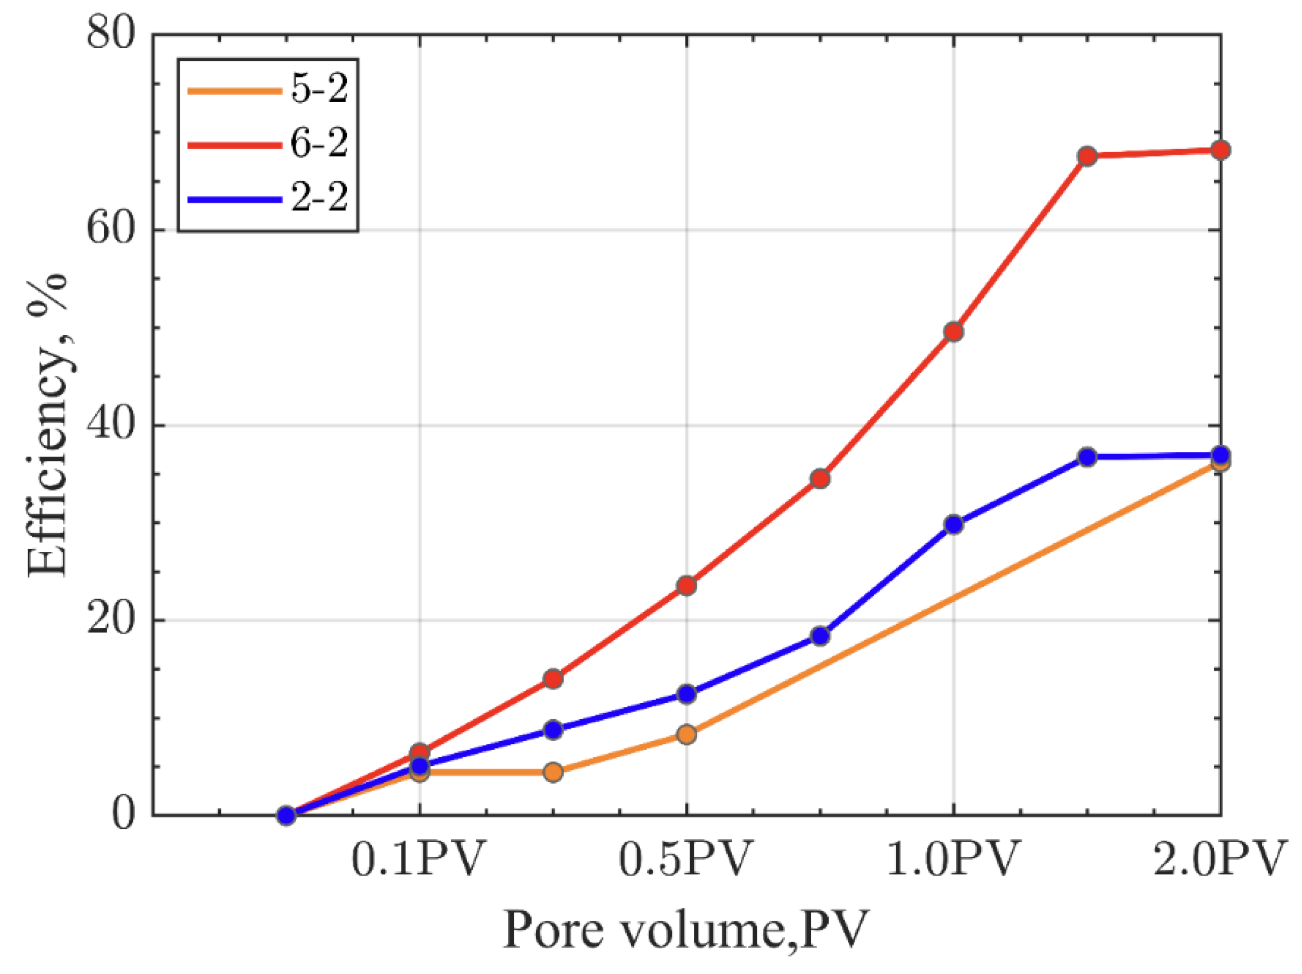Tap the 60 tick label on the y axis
click(x=110, y=229)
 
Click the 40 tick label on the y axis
click(x=110, y=424)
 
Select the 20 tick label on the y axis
click(x=110, y=620)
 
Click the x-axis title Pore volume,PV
click(x=686, y=931)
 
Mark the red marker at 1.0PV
click(x=954, y=331)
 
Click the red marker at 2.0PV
click(x=1221, y=150)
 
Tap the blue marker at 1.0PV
click(x=954, y=524)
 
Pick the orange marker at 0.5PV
click(x=687, y=734)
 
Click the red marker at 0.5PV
click(x=687, y=585)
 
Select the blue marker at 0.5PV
click(x=687, y=694)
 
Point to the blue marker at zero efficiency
click(x=286, y=815)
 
